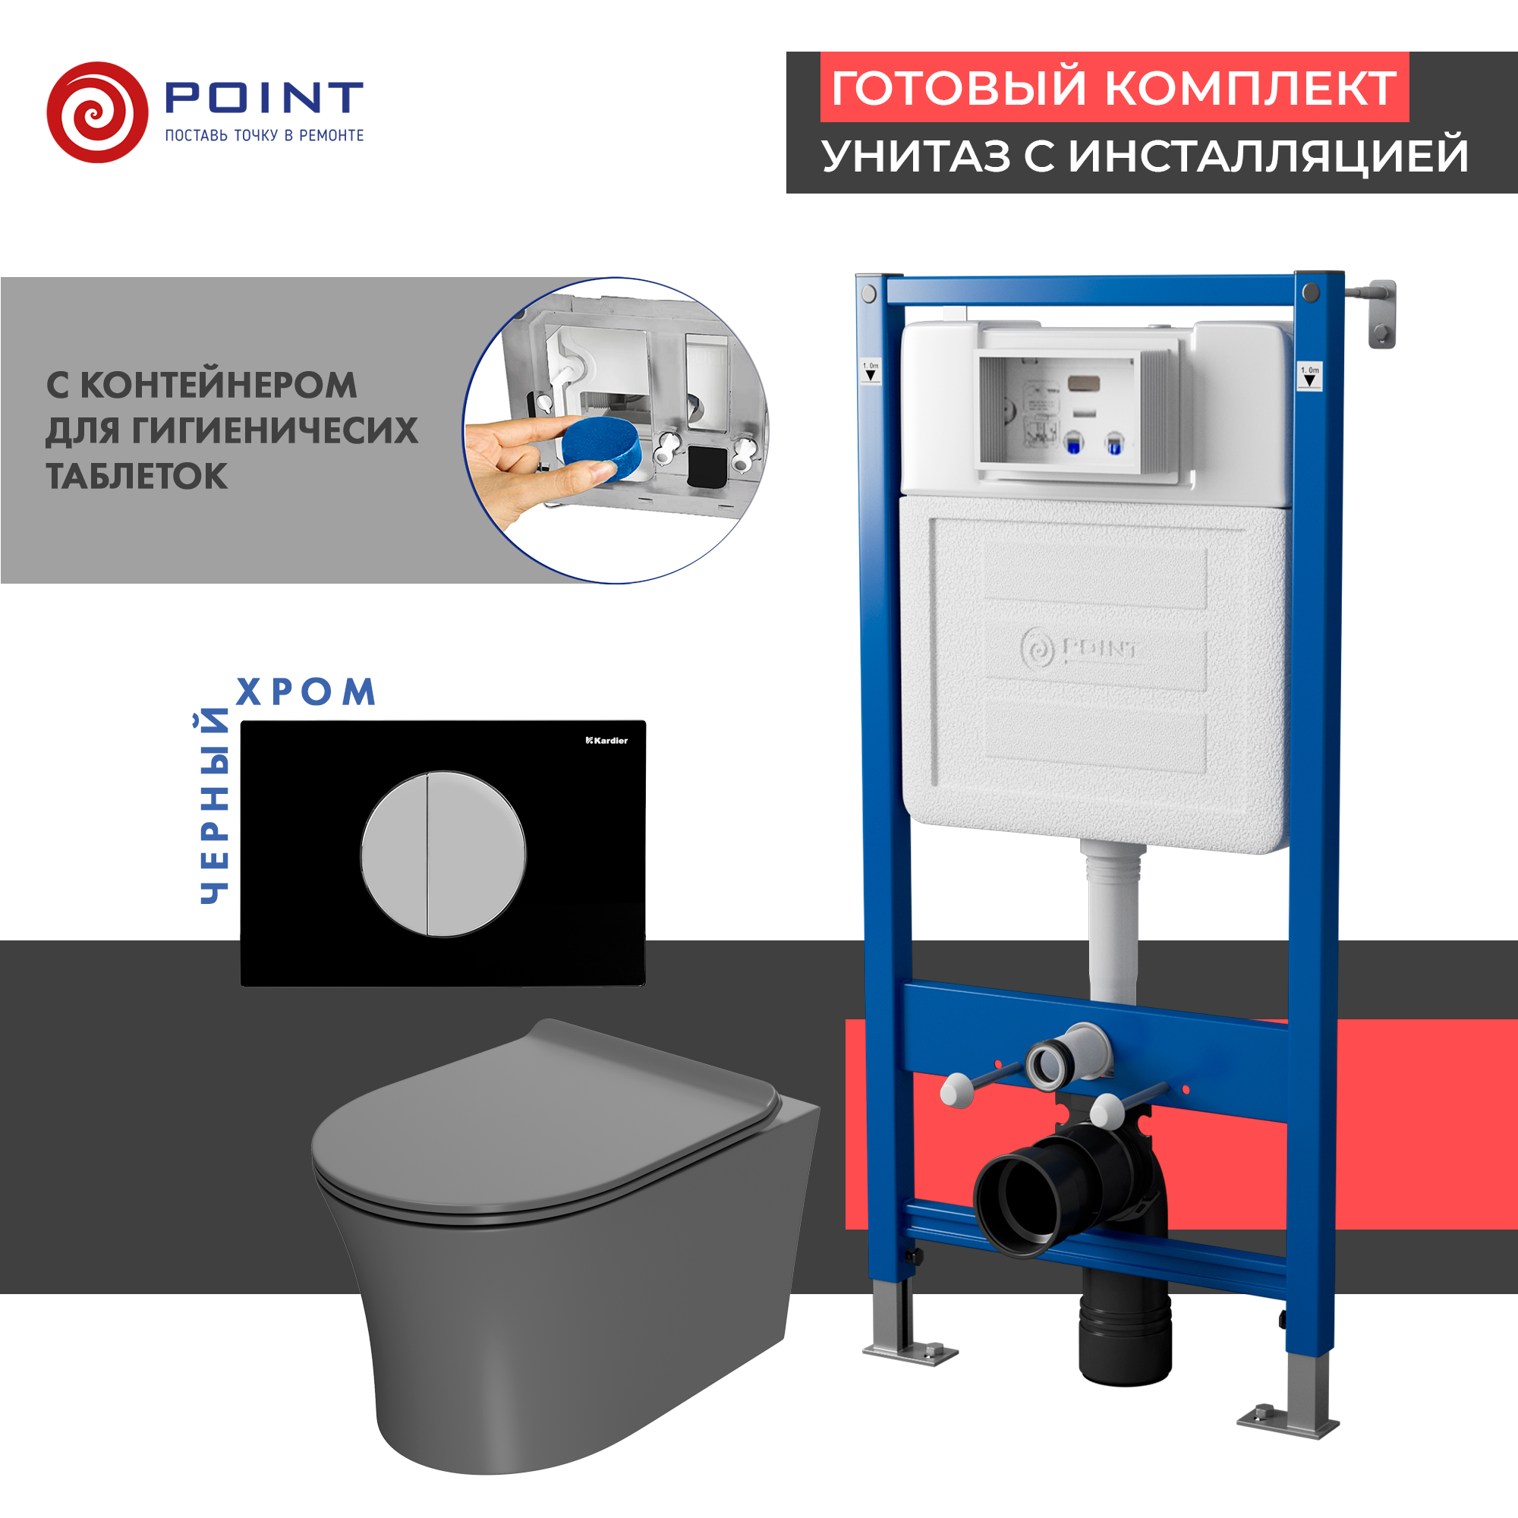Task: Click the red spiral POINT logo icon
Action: (x=97, y=112)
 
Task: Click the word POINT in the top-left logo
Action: (x=264, y=97)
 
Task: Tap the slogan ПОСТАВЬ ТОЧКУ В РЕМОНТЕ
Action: (x=264, y=136)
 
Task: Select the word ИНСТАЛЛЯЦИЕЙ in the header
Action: (x=1268, y=156)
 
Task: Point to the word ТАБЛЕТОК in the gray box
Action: (x=137, y=476)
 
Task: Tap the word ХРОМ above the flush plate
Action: (x=306, y=691)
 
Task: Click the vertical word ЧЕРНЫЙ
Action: (x=213, y=805)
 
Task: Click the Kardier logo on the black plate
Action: (x=606, y=740)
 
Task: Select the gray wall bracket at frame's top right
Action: (x=1381, y=313)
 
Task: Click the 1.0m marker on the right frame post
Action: (x=1309, y=376)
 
